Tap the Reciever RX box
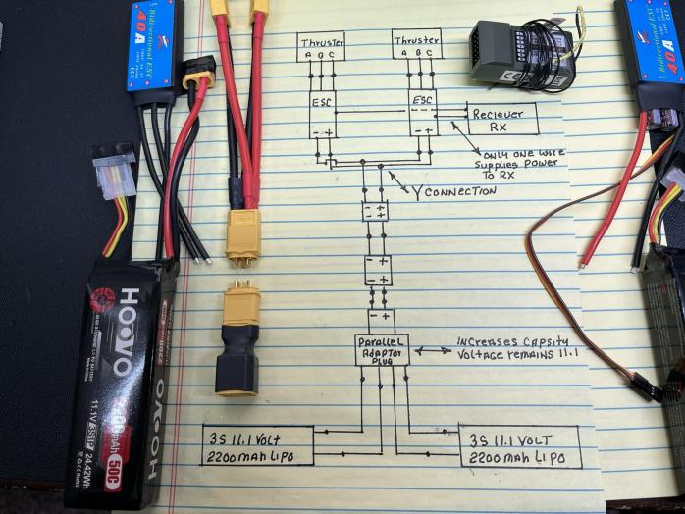(501, 117)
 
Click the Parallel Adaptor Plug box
(382, 349)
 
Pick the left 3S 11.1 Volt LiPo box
(257, 445)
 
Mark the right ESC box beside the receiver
(423, 114)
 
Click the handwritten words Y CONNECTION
(453, 191)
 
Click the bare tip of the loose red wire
(582, 263)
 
